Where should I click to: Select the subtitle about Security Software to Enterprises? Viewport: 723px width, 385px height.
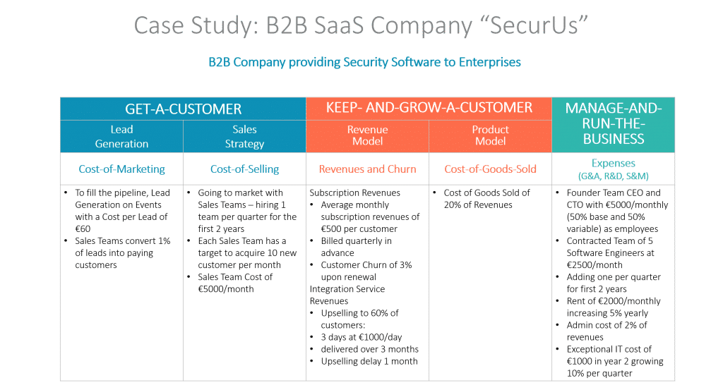tap(364, 62)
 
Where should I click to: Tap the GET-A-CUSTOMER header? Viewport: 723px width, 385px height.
tap(183, 109)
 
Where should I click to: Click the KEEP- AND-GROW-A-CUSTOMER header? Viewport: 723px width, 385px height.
tap(429, 108)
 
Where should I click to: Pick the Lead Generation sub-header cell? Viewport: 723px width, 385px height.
tap(121, 137)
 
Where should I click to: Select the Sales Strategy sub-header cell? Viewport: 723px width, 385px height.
tap(244, 137)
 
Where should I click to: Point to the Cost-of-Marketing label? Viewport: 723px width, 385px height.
tap(121, 169)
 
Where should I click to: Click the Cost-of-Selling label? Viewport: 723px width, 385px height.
tap(244, 169)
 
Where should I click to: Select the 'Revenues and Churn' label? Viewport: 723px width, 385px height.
tap(367, 169)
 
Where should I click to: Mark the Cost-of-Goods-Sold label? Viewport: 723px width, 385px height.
tap(490, 169)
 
